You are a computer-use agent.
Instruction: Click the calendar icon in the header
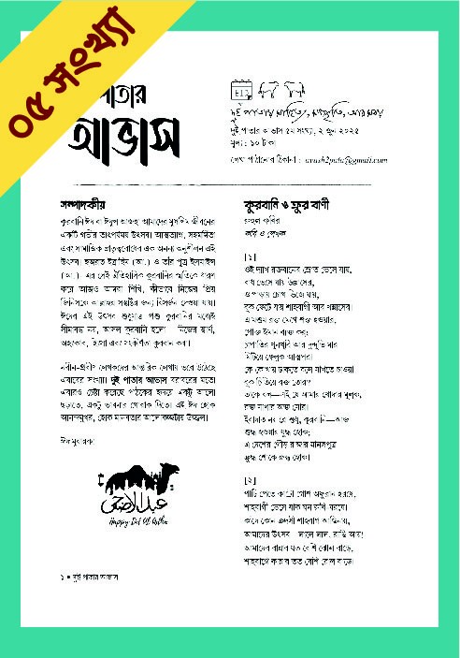pyautogui.click(x=240, y=91)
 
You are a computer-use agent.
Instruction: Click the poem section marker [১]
pyautogui.click(x=250, y=256)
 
